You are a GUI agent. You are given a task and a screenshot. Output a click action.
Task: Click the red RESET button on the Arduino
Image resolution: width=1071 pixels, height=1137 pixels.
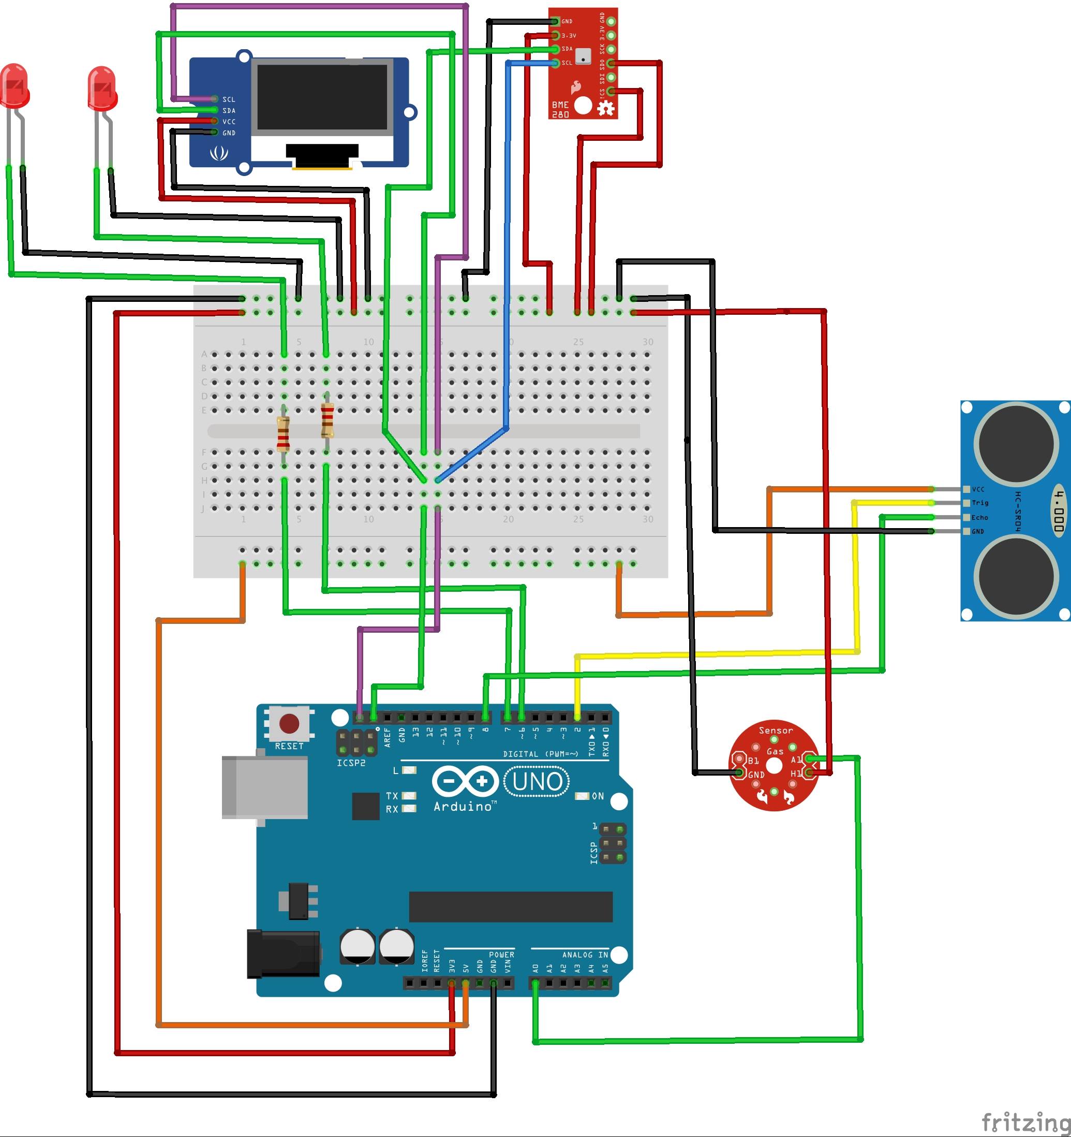point(289,723)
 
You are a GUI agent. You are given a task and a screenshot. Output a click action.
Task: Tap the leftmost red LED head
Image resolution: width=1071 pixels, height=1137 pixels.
point(15,86)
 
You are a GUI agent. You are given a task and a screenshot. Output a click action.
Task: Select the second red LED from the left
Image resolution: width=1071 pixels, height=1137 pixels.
point(103,88)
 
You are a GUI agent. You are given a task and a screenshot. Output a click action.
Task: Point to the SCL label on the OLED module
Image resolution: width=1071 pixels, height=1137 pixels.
point(229,99)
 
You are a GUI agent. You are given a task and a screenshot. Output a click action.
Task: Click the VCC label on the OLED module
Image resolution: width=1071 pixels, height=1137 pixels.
point(229,122)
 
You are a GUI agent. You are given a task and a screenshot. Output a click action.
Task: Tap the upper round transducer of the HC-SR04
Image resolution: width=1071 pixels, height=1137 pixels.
point(1017,443)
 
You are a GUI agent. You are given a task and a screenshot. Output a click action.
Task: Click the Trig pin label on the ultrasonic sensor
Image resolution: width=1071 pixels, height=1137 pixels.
point(980,503)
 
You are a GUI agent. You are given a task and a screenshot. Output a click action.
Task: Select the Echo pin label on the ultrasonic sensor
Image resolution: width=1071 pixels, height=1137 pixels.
point(979,518)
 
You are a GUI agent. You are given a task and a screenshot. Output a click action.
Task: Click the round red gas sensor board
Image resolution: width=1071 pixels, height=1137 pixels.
point(775,765)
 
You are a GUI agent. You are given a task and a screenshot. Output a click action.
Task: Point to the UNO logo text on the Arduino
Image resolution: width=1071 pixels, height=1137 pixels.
point(537,782)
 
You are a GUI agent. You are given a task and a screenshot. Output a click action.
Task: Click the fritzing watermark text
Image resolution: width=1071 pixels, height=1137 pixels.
point(1025,1122)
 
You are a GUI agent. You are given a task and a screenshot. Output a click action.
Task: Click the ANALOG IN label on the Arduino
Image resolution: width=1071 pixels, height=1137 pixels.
point(585,955)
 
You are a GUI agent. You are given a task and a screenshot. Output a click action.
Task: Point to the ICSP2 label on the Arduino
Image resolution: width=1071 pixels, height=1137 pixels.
point(351,763)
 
